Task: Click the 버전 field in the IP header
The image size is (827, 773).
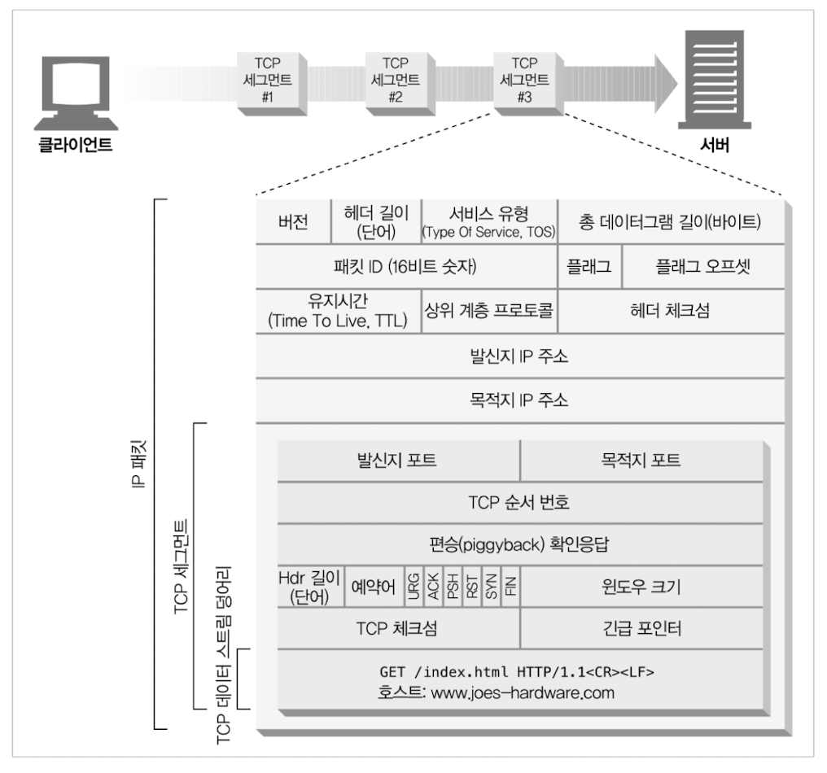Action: (x=293, y=221)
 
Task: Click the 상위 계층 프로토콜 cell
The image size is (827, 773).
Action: (x=488, y=311)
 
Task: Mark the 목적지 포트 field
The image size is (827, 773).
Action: (x=641, y=461)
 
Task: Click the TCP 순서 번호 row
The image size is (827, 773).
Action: (x=519, y=503)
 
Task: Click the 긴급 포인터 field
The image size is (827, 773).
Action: (x=641, y=629)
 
